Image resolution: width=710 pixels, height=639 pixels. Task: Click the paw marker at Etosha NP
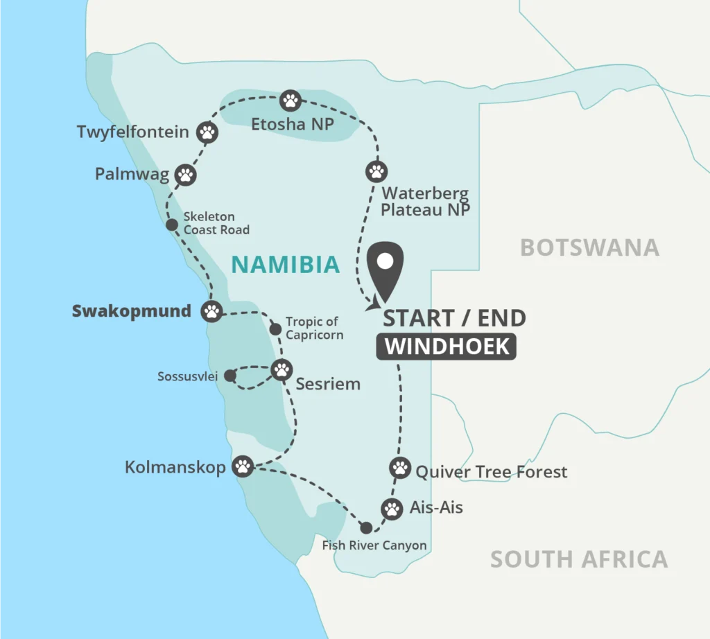coord(291,101)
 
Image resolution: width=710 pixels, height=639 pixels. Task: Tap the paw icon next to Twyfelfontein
coord(207,132)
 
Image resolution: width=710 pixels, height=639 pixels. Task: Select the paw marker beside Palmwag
coord(186,175)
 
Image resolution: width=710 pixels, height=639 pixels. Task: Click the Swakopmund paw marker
coord(211,311)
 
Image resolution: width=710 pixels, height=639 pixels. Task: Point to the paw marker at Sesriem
coord(282,369)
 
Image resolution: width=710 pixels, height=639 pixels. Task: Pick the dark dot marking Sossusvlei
coord(230,376)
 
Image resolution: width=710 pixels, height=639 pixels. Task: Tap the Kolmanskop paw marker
coord(243,466)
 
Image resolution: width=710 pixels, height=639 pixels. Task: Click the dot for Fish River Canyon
coord(366,527)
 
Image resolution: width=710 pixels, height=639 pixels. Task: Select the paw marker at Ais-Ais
coord(392,509)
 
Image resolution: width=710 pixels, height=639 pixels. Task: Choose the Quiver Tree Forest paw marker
coord(399,468)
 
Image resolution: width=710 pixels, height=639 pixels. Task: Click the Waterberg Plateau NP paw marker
coord(376,171)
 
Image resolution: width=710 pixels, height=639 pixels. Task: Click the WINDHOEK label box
coord(447,347)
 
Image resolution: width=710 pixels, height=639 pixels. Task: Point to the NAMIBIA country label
coord(285,264)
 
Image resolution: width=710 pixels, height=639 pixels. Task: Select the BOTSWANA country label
coord(589,247)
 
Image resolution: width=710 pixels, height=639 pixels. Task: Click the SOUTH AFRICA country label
coord(579,559)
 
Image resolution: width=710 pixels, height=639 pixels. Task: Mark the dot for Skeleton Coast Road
coord(171,225)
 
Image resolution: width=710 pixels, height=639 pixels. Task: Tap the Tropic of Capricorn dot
coord(275,328)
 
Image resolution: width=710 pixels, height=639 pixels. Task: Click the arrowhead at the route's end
coord(376,303)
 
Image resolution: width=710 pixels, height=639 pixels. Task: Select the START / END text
coord(454,318)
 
